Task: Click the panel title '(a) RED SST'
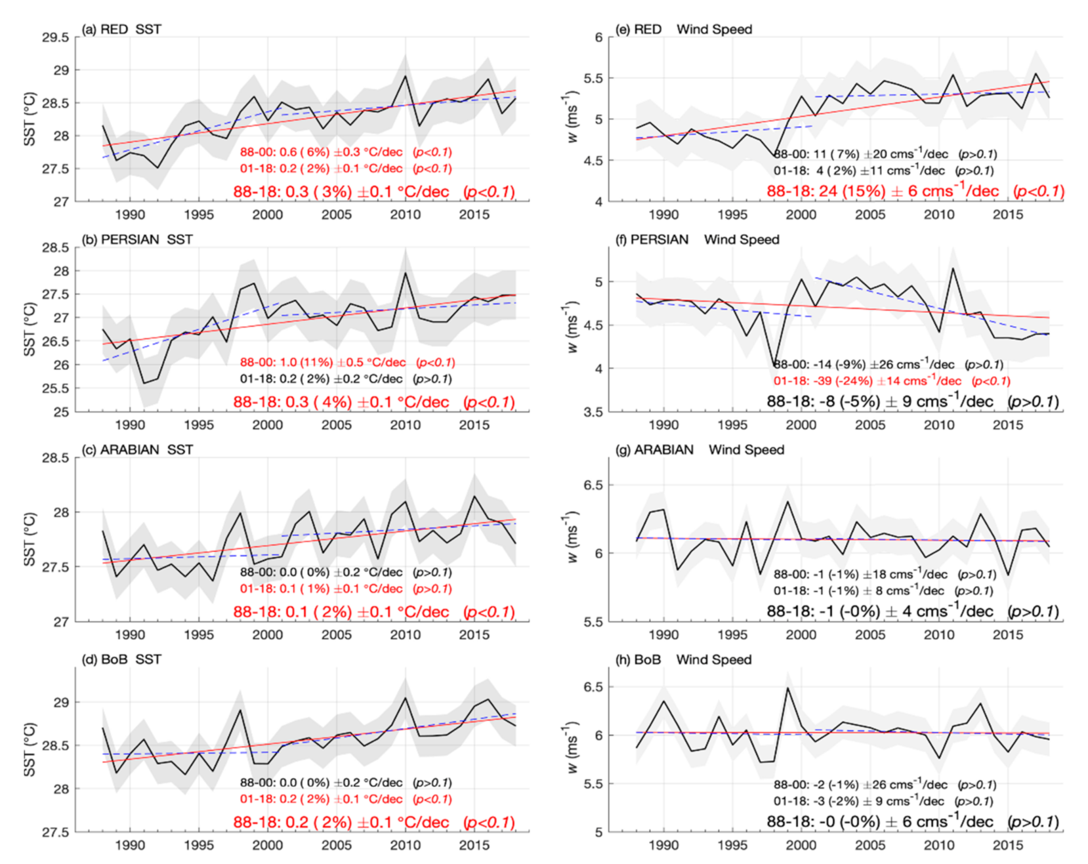click(x=121, y=30)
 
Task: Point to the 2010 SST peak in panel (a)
click(x=405, y=75)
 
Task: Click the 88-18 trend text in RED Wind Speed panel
click(x=915, y=192)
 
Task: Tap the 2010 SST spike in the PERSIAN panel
click(x=405, y=273)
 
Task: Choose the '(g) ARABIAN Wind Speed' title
click(x=700, y=449)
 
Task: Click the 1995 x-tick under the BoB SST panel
click(x=198, y=845)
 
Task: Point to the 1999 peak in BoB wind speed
click(x=787, y=688)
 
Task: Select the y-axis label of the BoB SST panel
click(x=30, y=750)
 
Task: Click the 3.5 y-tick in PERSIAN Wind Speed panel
click(x=593, y=412)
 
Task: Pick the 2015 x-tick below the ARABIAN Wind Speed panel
click(x=1007, y=635)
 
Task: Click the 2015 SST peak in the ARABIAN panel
click(x=474, y=496)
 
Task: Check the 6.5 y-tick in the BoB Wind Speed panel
click(x=593, y=687)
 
